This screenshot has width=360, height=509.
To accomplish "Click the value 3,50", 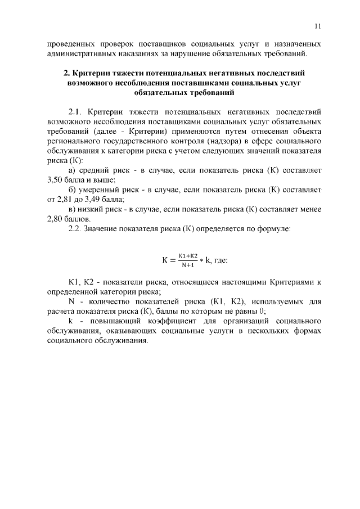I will tap(57, 180).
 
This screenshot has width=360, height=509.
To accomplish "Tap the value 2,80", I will tap(57, 219).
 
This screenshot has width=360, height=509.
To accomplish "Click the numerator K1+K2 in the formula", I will tap(188, 255).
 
